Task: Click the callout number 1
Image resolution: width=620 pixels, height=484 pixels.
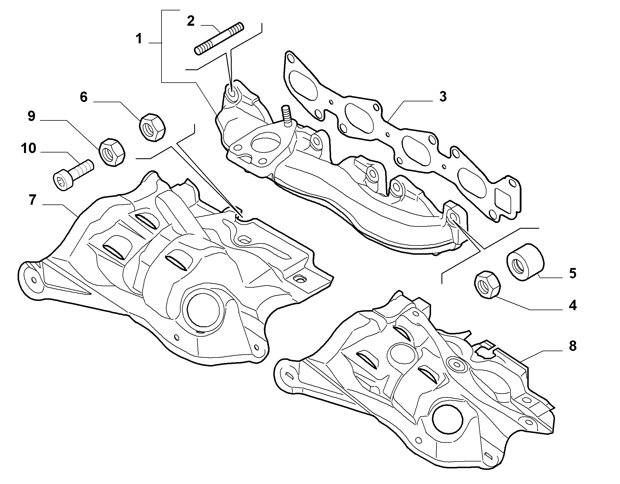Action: point(139,39)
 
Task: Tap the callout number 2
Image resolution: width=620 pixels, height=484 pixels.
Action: point(191,21)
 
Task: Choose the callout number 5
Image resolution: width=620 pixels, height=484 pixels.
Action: point(573,273)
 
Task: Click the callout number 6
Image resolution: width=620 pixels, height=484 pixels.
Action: point(83,97)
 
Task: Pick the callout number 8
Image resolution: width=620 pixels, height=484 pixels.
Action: point(572,346)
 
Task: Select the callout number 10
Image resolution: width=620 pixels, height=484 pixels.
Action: point(28,148)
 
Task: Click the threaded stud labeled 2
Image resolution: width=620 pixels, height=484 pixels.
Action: point(219,38)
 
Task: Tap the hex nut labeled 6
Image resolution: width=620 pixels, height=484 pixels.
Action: point(152,127)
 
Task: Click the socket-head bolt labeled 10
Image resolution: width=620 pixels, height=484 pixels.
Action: point(74,173)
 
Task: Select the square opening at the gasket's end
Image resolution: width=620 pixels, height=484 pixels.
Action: point(505,199)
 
